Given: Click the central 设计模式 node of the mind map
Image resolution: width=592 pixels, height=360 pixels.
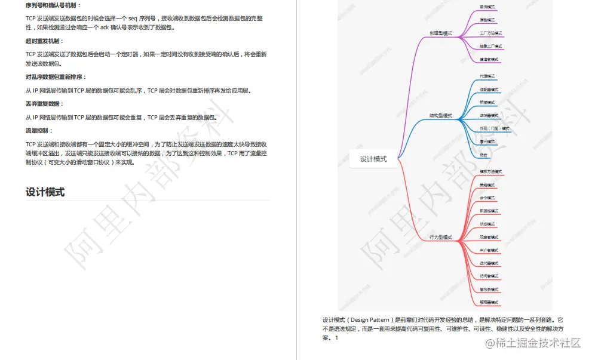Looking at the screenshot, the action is coord(373,159).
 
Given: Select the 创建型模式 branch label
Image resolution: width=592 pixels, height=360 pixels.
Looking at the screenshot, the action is coord(441,33).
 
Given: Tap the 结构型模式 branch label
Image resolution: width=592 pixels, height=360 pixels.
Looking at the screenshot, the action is coord(441,116).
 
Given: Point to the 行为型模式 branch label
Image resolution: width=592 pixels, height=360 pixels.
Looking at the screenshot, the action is coord(441,238).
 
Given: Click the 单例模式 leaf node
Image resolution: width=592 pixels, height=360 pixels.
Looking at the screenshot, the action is coord(487,7).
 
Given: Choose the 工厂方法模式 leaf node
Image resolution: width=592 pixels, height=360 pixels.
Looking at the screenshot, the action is coord(490,33).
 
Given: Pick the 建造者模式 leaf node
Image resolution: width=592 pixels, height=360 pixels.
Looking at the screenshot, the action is coord(489,60).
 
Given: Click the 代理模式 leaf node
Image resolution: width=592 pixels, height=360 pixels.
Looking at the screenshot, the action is coord(487,76).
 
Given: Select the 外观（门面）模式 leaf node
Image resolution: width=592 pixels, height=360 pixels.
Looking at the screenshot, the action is coord(495,128).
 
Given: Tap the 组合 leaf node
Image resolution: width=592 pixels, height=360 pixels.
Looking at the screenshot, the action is coord(483,155).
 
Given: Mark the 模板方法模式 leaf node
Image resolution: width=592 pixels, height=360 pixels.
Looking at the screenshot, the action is coord(490,172).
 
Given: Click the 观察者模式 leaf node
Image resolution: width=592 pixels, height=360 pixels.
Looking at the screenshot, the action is coord(489,238).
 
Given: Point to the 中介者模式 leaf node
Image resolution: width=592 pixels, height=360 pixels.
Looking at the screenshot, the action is coord(489,250).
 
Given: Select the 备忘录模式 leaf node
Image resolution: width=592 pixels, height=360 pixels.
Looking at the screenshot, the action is coord(489,290).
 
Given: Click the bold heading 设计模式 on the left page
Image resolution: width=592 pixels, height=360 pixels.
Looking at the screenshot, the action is coord(45,192).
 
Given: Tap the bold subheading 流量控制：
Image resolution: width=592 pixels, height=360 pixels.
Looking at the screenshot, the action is coord(39,130).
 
